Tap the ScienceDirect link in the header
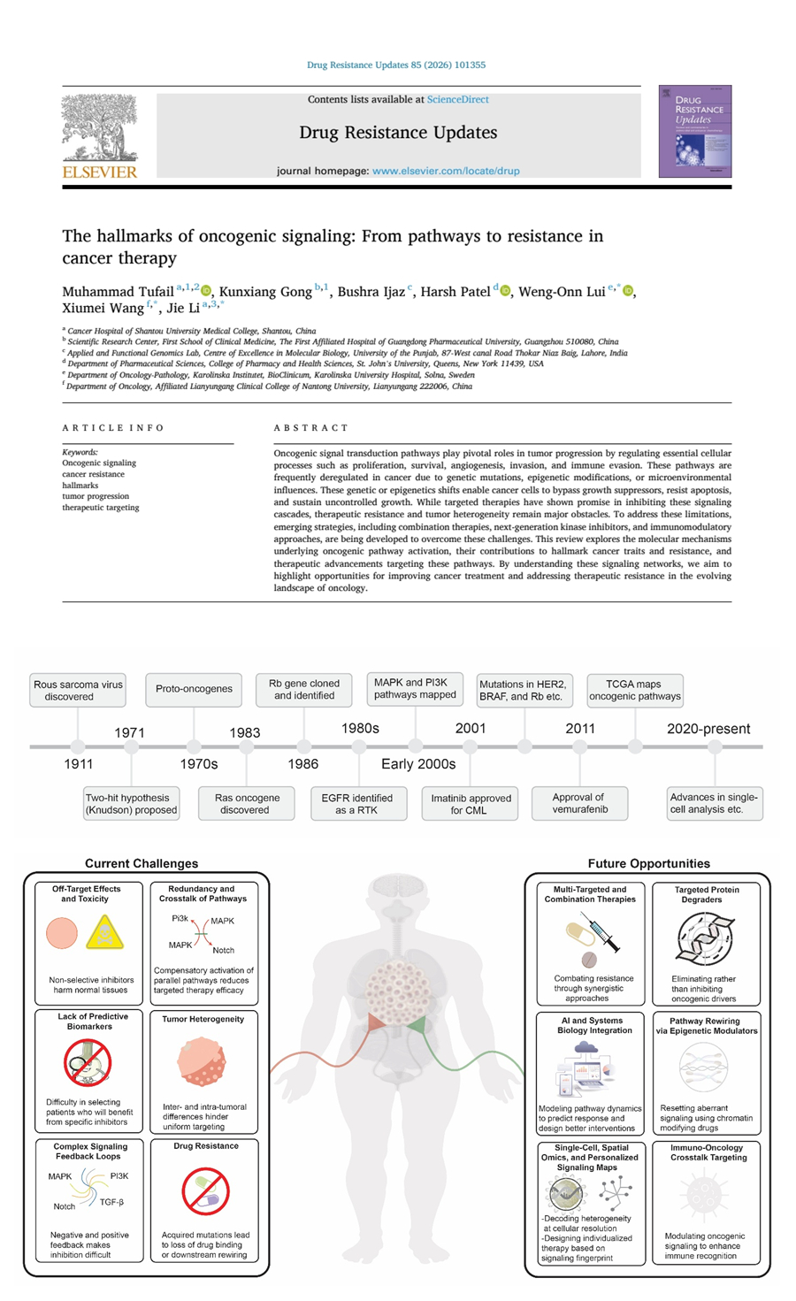457,100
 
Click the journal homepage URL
446,171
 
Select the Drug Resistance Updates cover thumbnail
695,131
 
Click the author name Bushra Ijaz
371,292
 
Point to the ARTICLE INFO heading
113,428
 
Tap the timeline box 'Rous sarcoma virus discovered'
78,691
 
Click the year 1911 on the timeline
79,764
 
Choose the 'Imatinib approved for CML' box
471,804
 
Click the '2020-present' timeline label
708,729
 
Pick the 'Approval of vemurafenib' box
579,803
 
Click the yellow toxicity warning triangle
104,933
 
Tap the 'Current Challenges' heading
142,863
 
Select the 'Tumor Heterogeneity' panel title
203,1019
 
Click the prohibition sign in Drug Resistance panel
205,1190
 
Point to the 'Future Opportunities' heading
648,863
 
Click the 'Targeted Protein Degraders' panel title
707,894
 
